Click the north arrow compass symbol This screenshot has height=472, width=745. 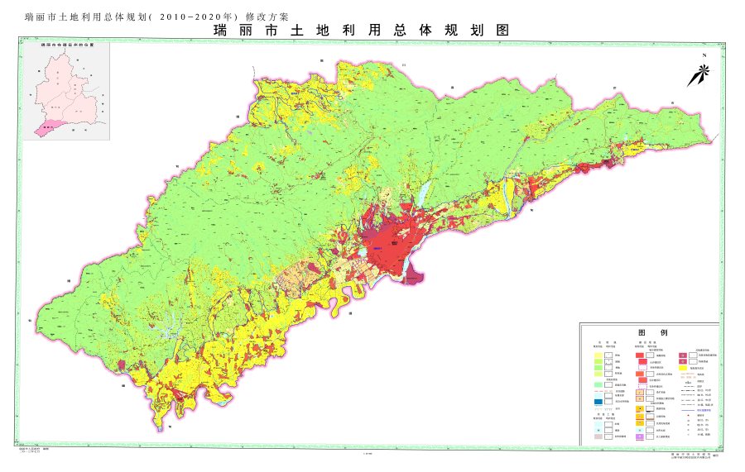pos(698,75)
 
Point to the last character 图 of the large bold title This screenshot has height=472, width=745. pos(500,31)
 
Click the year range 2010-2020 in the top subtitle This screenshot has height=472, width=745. pos(191,16)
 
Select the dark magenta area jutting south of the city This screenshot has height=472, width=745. pos(413,275)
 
